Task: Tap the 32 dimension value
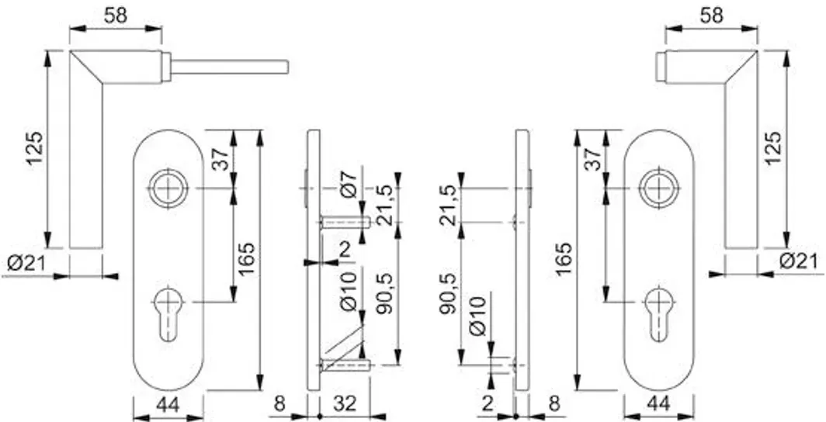click(345, 404)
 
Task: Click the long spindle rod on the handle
click(229, 67)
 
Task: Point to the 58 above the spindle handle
click(116, 16)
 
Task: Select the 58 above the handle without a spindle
click(711, 16)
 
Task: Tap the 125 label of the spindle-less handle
click(772, 148)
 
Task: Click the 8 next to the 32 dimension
click(279, 404)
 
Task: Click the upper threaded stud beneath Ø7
click(345, 223)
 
